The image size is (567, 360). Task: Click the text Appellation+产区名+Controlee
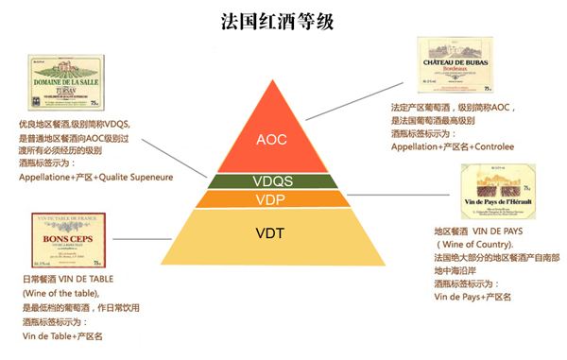click(453, 148)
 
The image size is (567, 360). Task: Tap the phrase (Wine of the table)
click(60, 294)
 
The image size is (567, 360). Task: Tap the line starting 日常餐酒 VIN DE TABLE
click(72, 281)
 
